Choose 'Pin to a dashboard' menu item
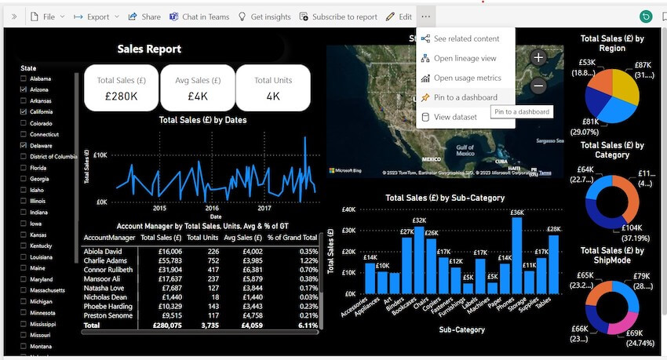pyautogui.click(x=465, y=97)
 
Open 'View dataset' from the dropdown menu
pyautogui.click(x=455, y=117)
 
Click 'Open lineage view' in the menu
pyautogui.click(x=465, y=58)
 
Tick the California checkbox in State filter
pyautogui.click(x=24, y=112)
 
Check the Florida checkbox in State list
pyautogui.click(x=24, y=167)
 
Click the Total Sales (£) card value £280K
pyautogui.click(x=122, y=96)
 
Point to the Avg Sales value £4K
pyautogui.click(x=197, y=96)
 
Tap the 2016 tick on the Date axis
pyautogui.click(x=212, y=209)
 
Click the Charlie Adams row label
pyautogui.click(x=104, y=260)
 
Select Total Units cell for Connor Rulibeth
pyautogui.click(x=208, y=270)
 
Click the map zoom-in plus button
pyautogui.click(x=538, y=57)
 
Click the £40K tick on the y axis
pyautogui.click(x=349, y=209)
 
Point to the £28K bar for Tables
pyautogui.click(x=554, y=264)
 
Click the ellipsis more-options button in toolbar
pyautogui.click(x=425, y=16)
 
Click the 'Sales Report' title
pyautogui.click(x=149, y=49)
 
